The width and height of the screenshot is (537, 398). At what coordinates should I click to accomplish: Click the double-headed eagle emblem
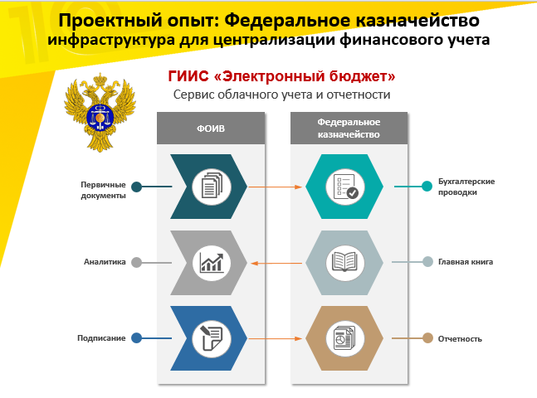click(100, 112)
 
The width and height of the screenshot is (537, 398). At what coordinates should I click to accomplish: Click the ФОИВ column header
click(211, 128)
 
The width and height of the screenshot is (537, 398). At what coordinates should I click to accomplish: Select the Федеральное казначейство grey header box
click(349, 128)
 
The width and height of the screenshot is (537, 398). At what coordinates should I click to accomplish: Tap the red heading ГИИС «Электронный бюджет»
click(281, 76)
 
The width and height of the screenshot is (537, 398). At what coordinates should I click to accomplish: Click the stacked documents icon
click(212, 187)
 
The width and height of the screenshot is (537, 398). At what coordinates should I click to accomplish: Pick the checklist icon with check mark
click(345, 187)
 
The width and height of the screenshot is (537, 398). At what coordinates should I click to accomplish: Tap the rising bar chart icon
click(212, 263)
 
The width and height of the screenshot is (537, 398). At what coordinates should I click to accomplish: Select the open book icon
click(344, 263)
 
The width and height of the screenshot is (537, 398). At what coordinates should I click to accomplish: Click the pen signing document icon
click(212, 338)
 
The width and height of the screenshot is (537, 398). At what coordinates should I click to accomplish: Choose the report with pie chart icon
click(345, 338)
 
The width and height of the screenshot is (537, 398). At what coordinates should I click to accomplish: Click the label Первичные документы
click(103, 190)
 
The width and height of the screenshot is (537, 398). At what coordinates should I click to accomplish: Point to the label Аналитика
click(105, 262)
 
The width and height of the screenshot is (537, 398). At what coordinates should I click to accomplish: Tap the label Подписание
click(101, 338)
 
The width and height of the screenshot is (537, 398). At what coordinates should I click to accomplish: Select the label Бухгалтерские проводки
click(466, 187)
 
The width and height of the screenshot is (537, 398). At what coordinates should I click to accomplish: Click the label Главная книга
click(466, 262)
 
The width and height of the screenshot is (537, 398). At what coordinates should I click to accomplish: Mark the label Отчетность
click(460, 339)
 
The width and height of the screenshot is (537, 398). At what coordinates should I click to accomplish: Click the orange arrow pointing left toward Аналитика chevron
click(276, 263)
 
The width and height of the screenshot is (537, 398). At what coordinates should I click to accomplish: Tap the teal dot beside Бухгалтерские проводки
click(427, 187)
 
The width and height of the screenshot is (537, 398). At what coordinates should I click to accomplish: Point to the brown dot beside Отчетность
click(427, 338)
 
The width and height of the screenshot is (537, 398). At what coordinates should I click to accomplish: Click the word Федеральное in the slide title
click(288, 20)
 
